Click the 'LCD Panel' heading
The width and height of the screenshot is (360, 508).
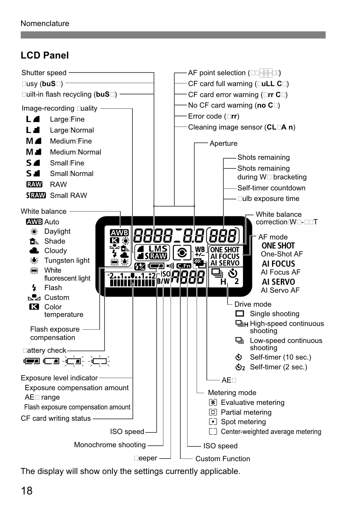tap(45, 55)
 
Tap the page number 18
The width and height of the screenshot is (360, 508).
tap(27, 491)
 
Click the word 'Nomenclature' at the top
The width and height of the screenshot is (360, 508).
tap(45, 23)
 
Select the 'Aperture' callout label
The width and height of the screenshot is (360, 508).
tap(223, 144)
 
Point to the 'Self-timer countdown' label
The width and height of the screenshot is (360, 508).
tap(271, 188)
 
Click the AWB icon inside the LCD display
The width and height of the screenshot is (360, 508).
tap(119, 233)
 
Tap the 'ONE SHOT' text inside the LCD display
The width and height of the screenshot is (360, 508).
tap(225, 250)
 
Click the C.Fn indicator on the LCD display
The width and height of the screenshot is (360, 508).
tap(184, 266)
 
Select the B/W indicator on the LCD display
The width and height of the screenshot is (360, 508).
tap(163, 281)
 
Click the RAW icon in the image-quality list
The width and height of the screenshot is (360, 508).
tap(34, 185)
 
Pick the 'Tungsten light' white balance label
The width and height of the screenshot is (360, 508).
tap(67, 261)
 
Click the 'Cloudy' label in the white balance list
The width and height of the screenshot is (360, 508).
tap(55, 251)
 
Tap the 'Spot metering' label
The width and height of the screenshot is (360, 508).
tap(243, 422)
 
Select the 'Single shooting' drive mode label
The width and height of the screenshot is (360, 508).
tap(274, 314)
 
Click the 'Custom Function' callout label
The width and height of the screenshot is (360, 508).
tap(223, 459)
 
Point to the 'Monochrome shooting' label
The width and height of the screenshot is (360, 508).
tap(110, 445)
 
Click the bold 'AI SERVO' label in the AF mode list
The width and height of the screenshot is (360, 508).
tap(278, 282)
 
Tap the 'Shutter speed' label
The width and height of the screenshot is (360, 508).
tap(44, 73)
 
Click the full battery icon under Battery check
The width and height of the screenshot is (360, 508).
tap(31, 361)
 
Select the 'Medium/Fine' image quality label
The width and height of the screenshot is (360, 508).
tap(71, 141)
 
